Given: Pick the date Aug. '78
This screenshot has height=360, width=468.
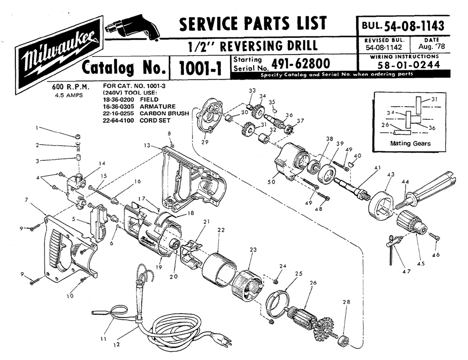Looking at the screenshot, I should click(429, 47).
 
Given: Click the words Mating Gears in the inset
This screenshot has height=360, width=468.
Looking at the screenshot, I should click(410, 143).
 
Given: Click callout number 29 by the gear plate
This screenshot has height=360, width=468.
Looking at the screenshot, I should click(205, 142).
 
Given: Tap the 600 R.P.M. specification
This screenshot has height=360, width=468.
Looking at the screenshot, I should click(71, 87).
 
